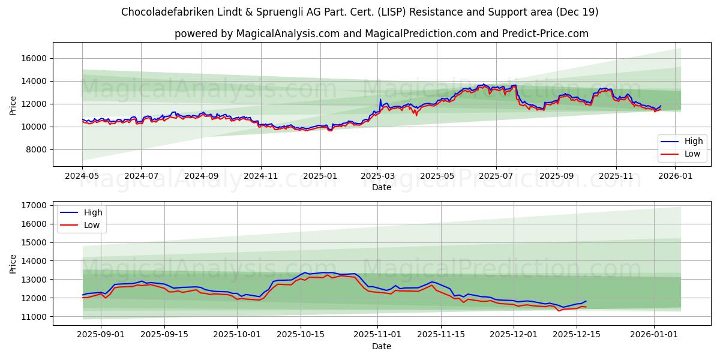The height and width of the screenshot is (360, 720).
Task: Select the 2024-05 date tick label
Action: point(82,176)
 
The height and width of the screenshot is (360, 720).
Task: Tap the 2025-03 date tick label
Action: point(377,176)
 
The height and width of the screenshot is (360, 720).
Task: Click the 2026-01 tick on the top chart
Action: point(675,176)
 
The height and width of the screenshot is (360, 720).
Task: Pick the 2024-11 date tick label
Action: point(260,176)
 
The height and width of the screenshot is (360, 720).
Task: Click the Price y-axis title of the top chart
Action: point(13,104)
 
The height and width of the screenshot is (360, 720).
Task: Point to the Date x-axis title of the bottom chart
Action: point(382,346)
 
